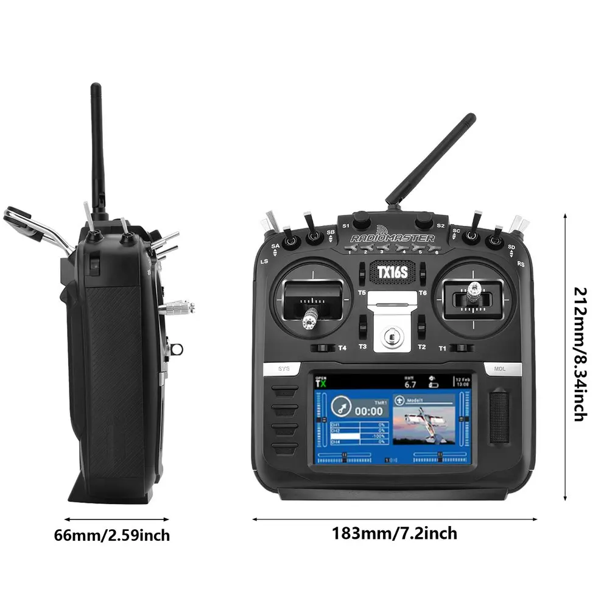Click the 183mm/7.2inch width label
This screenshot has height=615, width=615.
pyautogui.click(x=394, y=533)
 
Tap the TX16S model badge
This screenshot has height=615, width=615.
pyautogui.click(x=392, y=272)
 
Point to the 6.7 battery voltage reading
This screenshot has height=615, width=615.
pyautogui.click(x=410, y=385)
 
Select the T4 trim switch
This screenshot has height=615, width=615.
pyautogui.click(x=323, y=348)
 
